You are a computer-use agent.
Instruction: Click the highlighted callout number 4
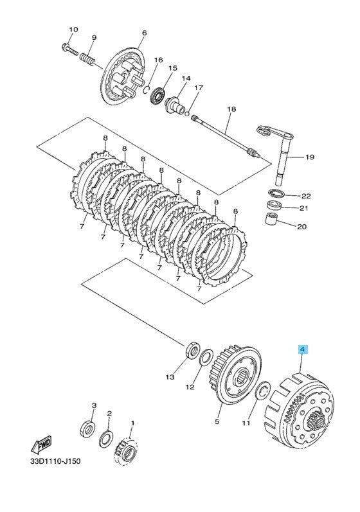pos(302,349)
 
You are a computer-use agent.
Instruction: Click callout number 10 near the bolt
pos(73,30)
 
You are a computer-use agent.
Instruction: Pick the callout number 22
pos(306,196)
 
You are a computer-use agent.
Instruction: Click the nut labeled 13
pos(192,351)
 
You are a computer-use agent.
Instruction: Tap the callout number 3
pos(94,405)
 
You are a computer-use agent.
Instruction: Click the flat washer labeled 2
pos(105,439)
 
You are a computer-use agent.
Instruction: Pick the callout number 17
pos(199,87)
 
